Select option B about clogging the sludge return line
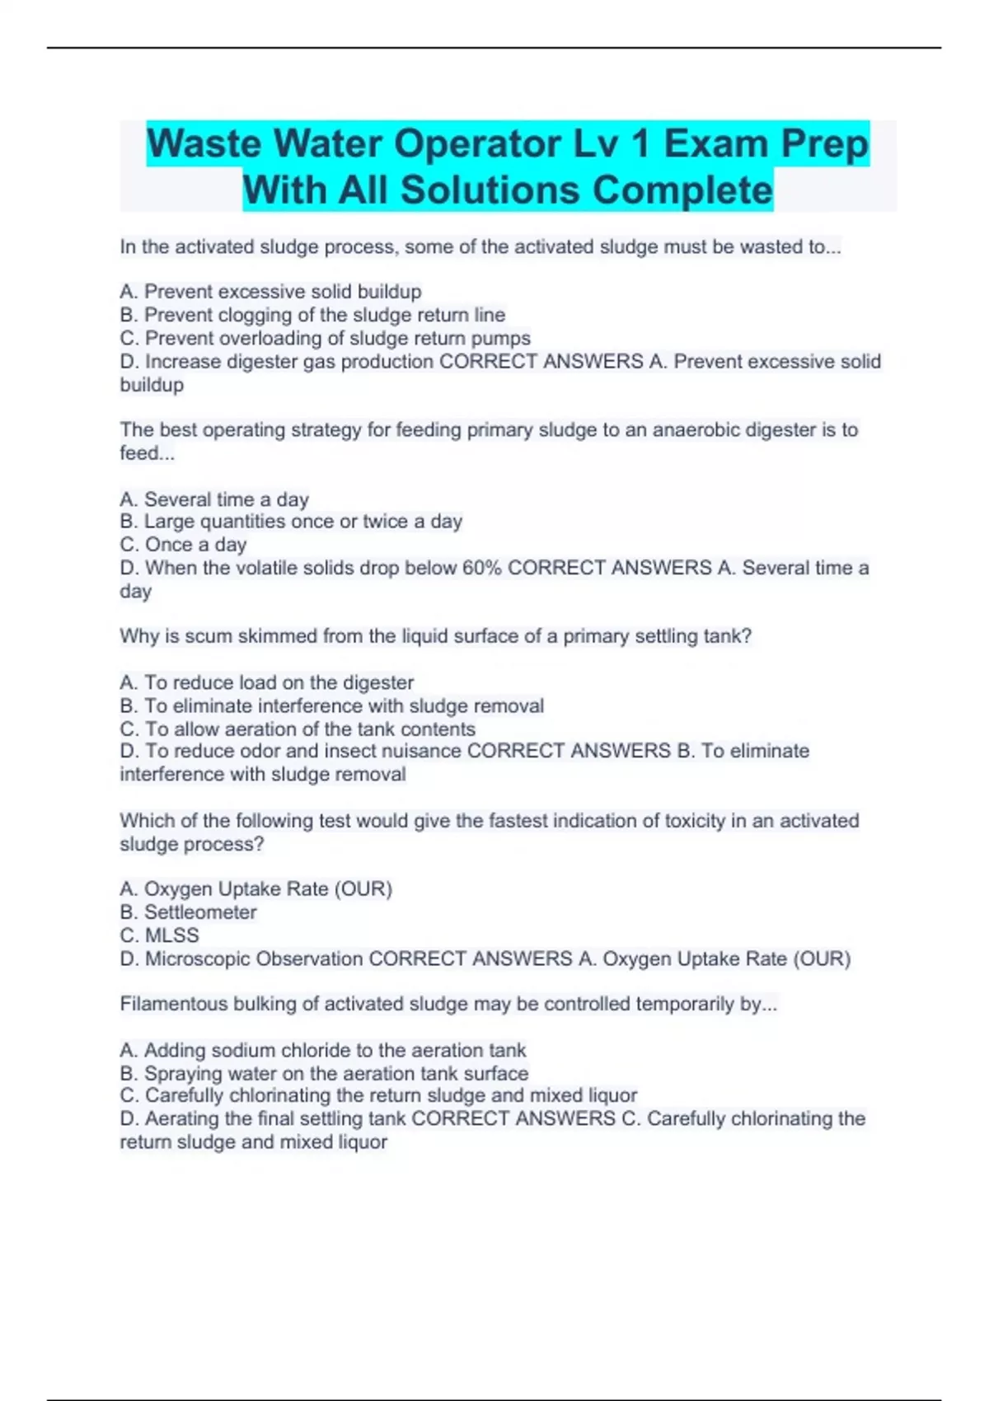pyautogui.click(x=312, y=315)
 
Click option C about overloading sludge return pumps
pyautogui.click(x=325, y=338)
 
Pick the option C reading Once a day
pyautogui.click(x=183, y=544)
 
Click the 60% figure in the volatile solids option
pyautogui.click(x=477, y=568)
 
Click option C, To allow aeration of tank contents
pyautogui.click(x=298, y=729)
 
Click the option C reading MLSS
pyautogui.click(x=159, y=935)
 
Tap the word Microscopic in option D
pyautogui.click(x=198, y=958)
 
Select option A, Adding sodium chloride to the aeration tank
pyautogui.click(x=322, y=1050)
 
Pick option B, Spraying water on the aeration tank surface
pyautogui.click(x=324, y=1073)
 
